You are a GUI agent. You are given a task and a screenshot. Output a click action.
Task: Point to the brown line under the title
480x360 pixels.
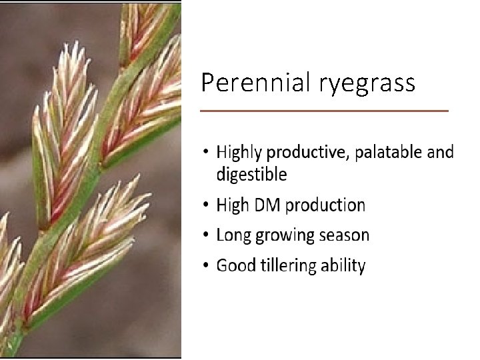point(325,111)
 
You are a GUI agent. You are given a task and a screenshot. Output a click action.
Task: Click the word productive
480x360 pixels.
point(307,153)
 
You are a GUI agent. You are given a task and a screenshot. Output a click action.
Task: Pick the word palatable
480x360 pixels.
point(388,152)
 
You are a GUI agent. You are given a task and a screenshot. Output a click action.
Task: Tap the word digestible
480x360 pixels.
point(251,175)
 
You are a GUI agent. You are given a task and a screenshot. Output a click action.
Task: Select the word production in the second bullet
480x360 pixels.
point(325,205)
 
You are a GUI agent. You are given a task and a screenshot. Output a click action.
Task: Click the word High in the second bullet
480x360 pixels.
point(232,205)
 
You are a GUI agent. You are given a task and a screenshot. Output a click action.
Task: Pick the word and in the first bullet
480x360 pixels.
point(440,152)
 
